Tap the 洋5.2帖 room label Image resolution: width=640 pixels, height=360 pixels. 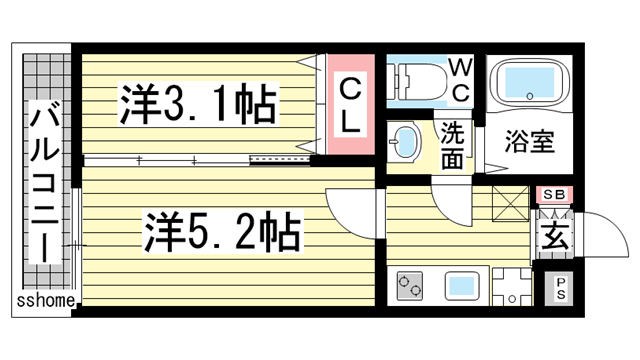pyautogui.click(x=222, y=235)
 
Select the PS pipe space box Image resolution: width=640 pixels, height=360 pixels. pyautogui.click(x=560, y=290)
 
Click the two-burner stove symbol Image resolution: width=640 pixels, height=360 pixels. pyautogui.click(x=410, y=286)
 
